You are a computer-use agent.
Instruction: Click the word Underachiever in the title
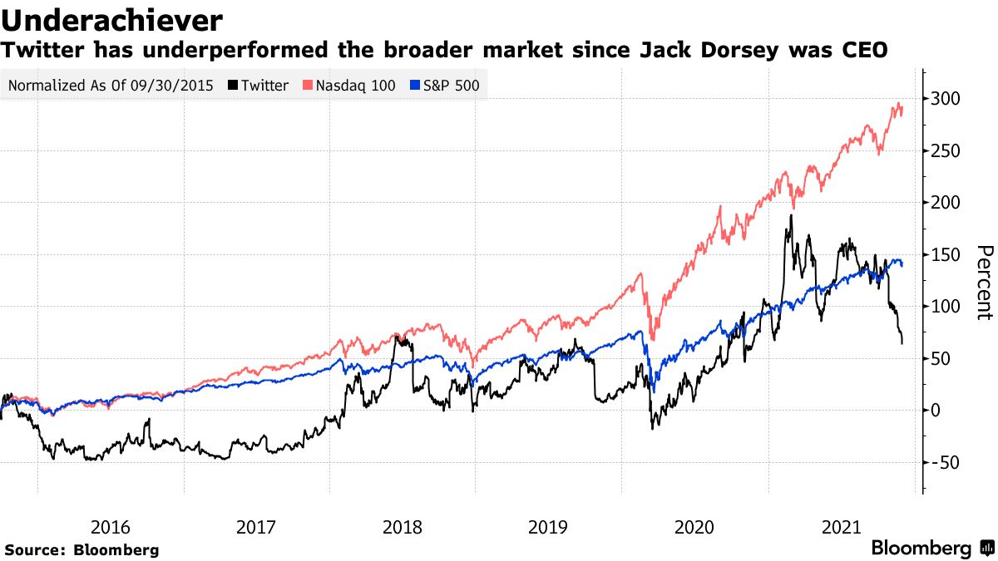[x=112, y=19]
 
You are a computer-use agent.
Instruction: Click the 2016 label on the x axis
[x=111, y=527]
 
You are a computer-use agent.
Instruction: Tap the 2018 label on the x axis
[x=403, y=527]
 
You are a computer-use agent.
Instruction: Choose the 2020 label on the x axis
[x=694, y=527]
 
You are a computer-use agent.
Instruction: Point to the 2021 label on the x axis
[x=840, y=527]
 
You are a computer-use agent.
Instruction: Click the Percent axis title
[x=985, y=283]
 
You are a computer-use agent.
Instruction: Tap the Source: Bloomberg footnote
[x=82, y=550]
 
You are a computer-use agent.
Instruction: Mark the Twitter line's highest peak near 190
[x=790, y=215]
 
